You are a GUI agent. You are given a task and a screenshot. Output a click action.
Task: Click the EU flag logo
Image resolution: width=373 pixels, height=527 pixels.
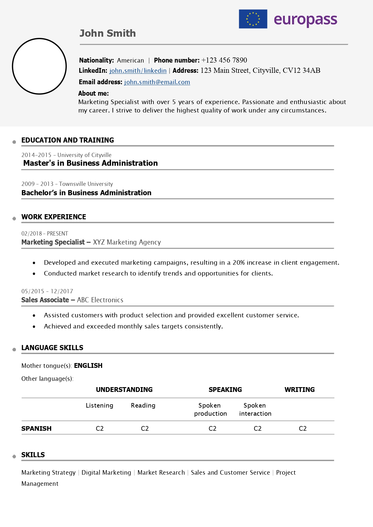(253, 19)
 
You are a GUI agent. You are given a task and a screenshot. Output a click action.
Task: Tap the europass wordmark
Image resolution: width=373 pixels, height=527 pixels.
(305, 20)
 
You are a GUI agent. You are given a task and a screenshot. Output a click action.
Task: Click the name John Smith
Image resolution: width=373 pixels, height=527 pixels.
(107, 33)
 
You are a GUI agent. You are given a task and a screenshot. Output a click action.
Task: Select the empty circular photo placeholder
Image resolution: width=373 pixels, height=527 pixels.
(39, 66)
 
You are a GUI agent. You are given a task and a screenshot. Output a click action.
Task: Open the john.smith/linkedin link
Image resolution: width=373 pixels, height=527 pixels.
(138, 71)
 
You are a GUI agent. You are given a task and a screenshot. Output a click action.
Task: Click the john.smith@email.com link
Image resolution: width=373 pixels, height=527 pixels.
(157, 82)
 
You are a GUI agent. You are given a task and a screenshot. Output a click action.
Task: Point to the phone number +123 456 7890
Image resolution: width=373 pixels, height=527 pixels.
(224, 60)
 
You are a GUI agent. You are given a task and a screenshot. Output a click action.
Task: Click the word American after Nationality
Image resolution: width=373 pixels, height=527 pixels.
(130, 60)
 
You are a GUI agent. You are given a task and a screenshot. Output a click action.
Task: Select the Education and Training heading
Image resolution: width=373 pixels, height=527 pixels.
(68, 140)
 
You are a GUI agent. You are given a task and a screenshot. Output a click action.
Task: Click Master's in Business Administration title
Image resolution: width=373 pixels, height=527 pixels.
(91, 163)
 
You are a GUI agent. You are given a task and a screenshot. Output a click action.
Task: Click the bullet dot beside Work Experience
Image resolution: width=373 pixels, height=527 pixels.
(14, 219)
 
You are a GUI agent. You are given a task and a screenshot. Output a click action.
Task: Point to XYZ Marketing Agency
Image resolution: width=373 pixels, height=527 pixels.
(127, 242)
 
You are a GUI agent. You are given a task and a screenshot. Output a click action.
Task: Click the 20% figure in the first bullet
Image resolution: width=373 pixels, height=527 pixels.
(239, 263)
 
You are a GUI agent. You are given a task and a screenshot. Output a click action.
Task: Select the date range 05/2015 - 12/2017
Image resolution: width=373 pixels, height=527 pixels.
(47, 291)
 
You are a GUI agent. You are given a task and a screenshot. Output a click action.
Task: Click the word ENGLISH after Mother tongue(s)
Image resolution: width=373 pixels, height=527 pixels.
(88, 365)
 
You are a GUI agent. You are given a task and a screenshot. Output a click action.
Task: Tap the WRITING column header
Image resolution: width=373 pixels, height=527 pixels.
(299, 390)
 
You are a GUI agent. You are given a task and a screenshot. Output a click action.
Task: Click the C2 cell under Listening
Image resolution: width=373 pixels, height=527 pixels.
(100, 428)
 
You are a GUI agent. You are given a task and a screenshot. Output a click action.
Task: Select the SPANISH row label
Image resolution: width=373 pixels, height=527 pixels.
(36, 428)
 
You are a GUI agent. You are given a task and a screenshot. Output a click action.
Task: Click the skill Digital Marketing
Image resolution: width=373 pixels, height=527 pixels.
(106, 473)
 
